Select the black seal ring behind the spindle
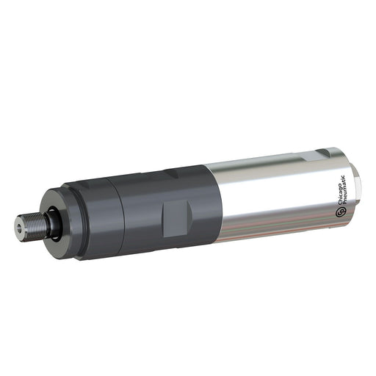[52, 223]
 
